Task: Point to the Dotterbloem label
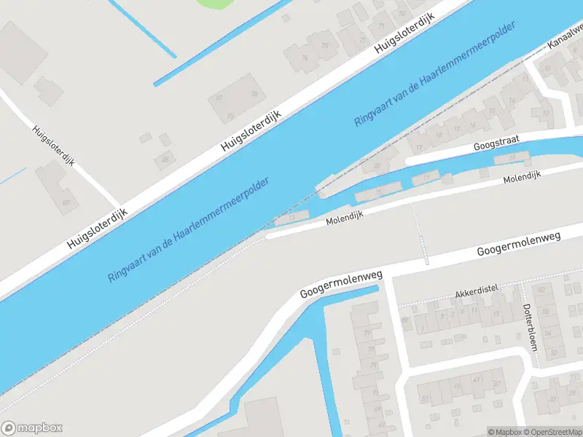tap(530, 326)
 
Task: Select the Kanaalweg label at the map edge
tap(566, 43)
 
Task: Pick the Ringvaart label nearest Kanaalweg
tap(435, 74)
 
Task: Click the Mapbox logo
tap(32, 428)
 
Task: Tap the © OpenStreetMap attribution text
tap(555, 432)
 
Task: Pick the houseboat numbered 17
tap(426, 178)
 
